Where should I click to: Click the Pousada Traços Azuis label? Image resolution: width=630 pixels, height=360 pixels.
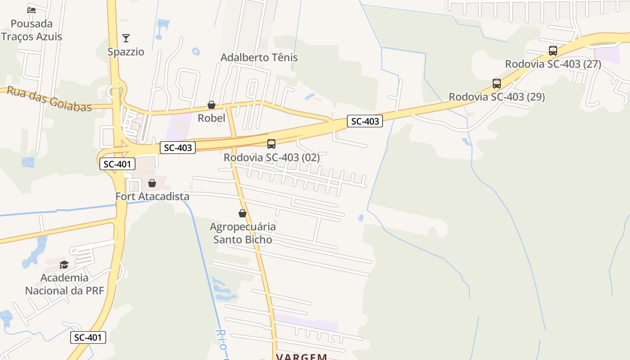[x=31, y=30]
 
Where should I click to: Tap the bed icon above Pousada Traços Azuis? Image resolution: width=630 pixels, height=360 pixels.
[x=31, y=10]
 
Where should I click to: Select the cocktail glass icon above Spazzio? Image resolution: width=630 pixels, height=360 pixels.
[x=126, y=38]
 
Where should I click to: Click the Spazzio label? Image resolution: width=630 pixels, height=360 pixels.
[x=126, y=52]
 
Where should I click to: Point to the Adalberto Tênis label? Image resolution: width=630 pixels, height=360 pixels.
[x=259, y=58]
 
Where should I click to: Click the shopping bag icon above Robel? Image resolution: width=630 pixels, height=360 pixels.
[x=211, y=105]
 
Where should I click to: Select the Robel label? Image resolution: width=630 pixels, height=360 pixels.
[x=211, y=118]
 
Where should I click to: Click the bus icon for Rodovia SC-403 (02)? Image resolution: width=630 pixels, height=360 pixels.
[x=271, y=144]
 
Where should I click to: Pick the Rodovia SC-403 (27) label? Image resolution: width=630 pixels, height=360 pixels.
[x=553, y=64]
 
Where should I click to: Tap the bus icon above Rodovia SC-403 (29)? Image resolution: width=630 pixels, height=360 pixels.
[x=497, y=84]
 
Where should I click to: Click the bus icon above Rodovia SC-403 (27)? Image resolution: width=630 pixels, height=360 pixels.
[x=553, y=51]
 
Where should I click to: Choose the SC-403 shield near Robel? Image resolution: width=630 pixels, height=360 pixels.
[x=178, y=148]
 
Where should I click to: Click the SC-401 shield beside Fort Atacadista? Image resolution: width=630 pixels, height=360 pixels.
[x=117, y=164]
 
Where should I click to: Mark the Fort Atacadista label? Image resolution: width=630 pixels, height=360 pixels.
[x=153, y=197]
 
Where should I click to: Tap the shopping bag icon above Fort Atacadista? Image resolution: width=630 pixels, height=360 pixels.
[x=152, y=183]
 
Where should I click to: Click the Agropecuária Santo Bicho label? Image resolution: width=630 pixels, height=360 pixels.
[x=243, y=233]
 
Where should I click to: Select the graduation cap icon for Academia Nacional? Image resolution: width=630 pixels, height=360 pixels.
[x=64, y=265]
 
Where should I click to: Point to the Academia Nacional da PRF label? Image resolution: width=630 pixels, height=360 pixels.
[x=64, y=284]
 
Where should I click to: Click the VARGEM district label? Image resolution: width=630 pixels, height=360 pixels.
[x=301, y=357]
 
